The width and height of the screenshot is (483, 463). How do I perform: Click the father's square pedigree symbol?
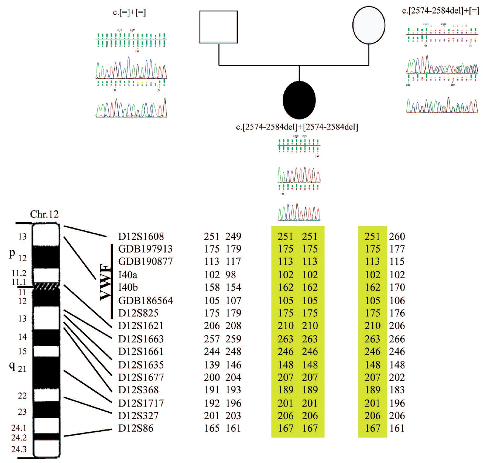tap(218, 27)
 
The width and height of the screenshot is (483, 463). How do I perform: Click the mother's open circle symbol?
tap(369, 26)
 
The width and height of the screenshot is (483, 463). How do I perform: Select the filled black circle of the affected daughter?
tap(299, 100)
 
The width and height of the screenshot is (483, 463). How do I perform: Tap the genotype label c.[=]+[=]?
tap(129, 12)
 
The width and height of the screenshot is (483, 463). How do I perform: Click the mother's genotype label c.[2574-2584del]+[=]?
tap(440, 11)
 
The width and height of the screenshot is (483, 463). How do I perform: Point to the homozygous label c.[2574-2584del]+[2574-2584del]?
tap(297, 127)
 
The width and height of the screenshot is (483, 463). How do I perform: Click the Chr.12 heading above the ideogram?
tap(45, 214)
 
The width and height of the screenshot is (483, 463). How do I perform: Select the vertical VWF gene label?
tap(106, 282)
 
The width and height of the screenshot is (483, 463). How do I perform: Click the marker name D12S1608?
tap(141, 236)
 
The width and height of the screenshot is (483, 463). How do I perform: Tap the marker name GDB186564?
tap(145, 300)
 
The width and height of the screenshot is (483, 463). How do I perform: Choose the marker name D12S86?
tap(136, 428)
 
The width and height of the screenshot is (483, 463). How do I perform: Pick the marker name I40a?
tap(128, 274)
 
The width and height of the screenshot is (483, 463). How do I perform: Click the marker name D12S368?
tap(138, 390)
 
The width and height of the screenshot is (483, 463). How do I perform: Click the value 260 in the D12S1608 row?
tap(397, 236)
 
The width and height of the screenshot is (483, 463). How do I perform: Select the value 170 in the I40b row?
tap(397, 287)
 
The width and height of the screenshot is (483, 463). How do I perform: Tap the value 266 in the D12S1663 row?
tap(397, 339)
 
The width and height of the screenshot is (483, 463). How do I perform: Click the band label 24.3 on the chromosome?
tap(19, 449)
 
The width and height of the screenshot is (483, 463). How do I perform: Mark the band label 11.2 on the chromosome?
tap(19, 273)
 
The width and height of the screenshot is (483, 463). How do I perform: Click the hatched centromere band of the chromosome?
tap(46, 287)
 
